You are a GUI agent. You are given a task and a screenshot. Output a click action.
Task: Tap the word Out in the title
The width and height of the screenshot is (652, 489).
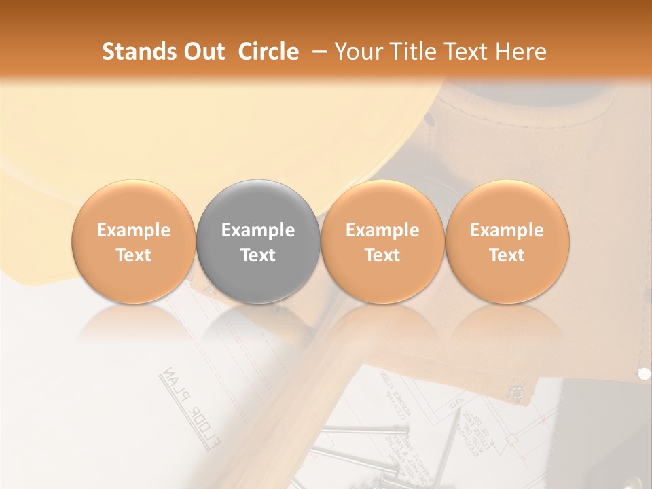point(203,52)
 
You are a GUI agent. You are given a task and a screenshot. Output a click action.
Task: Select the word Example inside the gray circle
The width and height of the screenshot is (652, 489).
point(258,230)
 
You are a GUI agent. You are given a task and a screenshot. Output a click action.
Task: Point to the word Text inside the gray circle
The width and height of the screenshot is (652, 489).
point(258,255)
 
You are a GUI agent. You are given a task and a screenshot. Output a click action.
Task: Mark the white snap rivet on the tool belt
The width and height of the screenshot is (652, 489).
point(644,373)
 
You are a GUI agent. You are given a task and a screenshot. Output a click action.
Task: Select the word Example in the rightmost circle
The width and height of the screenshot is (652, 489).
point(507,230)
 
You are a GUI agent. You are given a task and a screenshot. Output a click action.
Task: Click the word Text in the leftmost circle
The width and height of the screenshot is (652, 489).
point(133,255)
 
